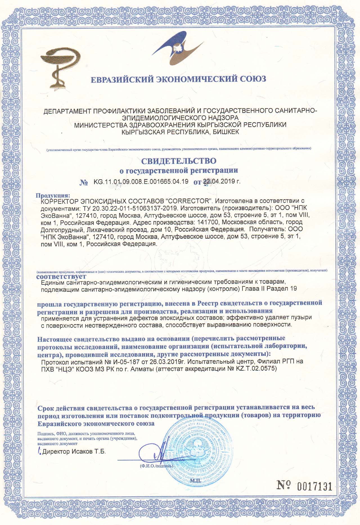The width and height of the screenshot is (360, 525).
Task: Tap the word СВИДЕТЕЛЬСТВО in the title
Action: [179, 161]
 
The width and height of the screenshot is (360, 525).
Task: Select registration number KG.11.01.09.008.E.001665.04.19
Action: [141, 182]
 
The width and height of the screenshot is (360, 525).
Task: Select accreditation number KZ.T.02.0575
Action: [255, 368]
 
